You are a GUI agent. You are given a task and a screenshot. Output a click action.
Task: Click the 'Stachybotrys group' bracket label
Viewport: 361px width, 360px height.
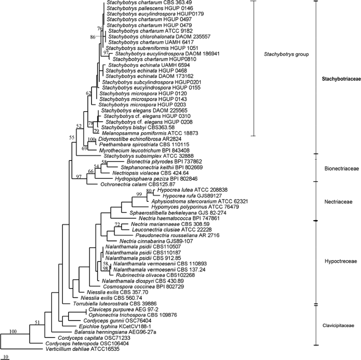pyautogui.click(x=286, y=54)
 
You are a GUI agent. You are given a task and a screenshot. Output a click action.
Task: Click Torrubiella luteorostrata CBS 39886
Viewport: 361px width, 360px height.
pyautogui.click(x=107, y=303)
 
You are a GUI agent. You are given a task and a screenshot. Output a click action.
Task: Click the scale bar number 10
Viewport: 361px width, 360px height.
pyautogui.click(x=5, y=357)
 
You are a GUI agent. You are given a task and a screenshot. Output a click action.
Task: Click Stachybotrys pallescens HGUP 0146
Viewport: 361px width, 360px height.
pyautogui.click(x=138, y=8)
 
